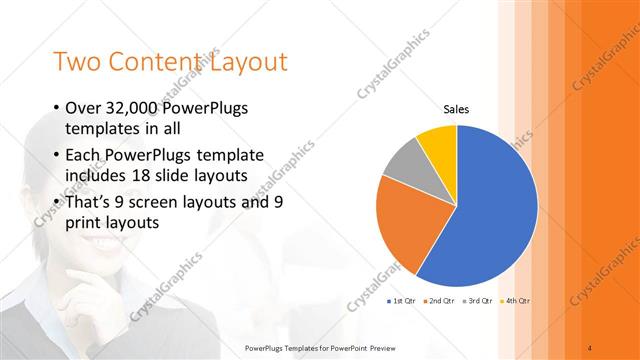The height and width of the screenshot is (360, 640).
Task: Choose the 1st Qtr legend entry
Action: coord(401,300)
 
